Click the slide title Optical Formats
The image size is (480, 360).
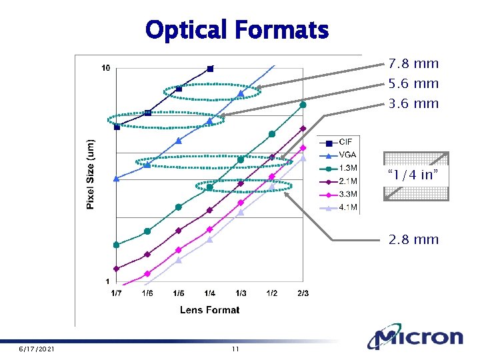coord(237,30)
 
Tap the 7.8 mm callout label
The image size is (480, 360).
coord(413,64)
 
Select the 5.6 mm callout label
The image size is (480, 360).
coord(413,84)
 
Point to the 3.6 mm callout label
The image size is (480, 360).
coord(413,104)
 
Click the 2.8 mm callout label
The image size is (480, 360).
coord(413,239)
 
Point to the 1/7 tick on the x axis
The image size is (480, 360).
coord(116,293)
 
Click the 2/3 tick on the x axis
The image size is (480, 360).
coord(303,293)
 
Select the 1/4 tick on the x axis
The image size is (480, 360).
coord(209,293)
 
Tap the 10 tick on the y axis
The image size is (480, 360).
coord(105,68)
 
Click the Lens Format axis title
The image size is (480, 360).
coord(209,309)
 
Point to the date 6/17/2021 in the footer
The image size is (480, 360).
coord(37,349)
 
